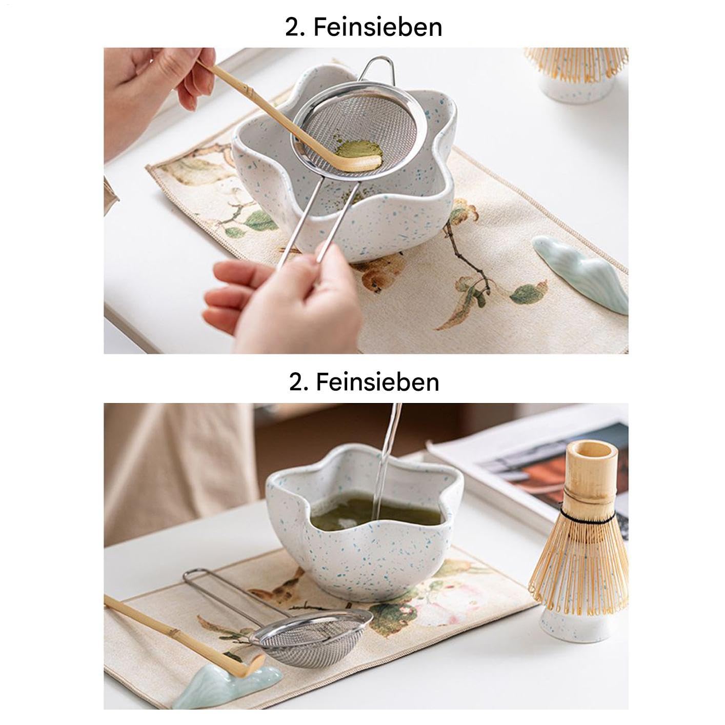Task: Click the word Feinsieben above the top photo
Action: coord(377,27)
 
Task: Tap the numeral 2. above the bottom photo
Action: coord(297,382)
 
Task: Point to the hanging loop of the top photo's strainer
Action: coord(376,69)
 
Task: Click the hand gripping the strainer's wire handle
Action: coord(282,297)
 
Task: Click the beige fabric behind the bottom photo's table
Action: coord(177,470)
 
